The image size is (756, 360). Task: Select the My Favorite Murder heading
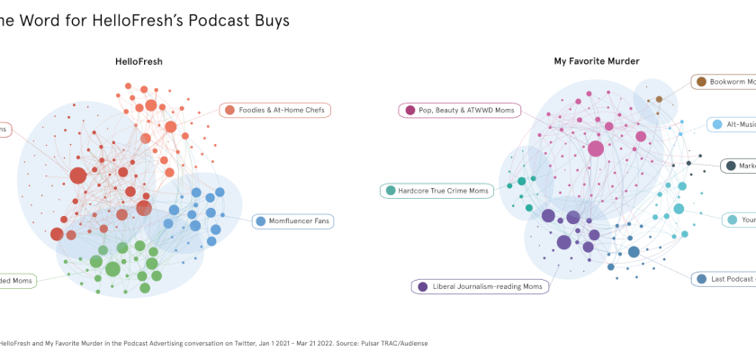pyautogui.click(x=596, y=62)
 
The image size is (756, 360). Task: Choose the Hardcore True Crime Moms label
pyautogui.click(x=436, y=191)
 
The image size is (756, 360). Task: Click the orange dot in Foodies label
pyautogui.click(x=230, y=110)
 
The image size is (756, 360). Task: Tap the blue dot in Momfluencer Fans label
pyautogui.click(x=260, y=220)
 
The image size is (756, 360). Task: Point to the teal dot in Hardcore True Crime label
pyautogui.click(x=391, y=191)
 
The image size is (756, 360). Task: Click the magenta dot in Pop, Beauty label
pyautogui.click(x=410, y=110)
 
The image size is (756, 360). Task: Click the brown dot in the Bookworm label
pyautogui.click(x=701, y=82)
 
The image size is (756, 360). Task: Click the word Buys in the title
pyautogui.click(x=267, y=20)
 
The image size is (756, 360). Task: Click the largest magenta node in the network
pyautogui.click(x=596, y=148)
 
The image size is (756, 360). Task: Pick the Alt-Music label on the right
pyautogui.click(x=738, y=124)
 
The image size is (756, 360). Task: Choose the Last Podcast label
pyautogui.click(x=731, y=279)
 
